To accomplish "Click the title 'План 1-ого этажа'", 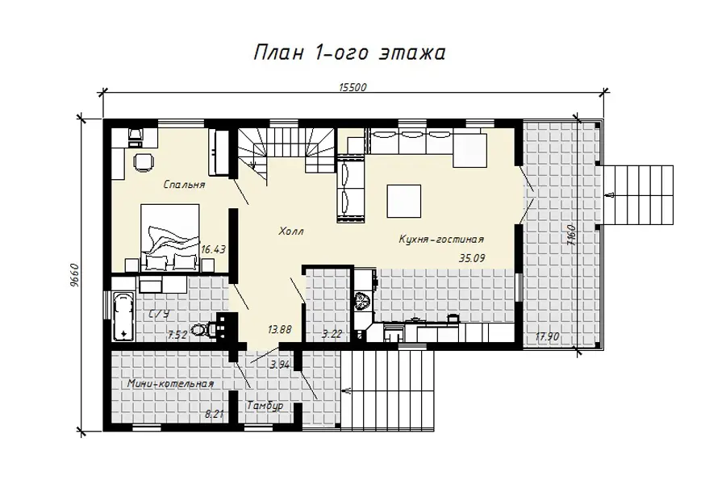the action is coord(349,53).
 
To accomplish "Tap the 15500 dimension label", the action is coord(353,88).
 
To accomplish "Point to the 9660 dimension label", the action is coord(76,275).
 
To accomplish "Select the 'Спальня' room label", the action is coord(184,185).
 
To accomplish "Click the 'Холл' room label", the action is coord(290,231).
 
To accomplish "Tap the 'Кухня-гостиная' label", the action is coord(441,240).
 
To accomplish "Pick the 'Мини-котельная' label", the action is coord(170,384).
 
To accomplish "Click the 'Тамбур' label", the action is coord(265,406).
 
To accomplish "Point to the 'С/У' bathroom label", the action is coord(159,314).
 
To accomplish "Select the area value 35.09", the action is coord(472,258).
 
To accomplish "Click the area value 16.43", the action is coord(213,249).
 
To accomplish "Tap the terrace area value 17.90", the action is coord(547,336).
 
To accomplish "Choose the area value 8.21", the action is coord(215,414).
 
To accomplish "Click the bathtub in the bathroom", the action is coord(123,317).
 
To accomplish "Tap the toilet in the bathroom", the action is coord(202,330).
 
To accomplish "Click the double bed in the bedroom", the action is coord(170,238).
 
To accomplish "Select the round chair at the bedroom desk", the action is coord(143,162).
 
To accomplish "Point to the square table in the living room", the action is coord(404,201).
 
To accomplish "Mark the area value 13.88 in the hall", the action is coord(280,330).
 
